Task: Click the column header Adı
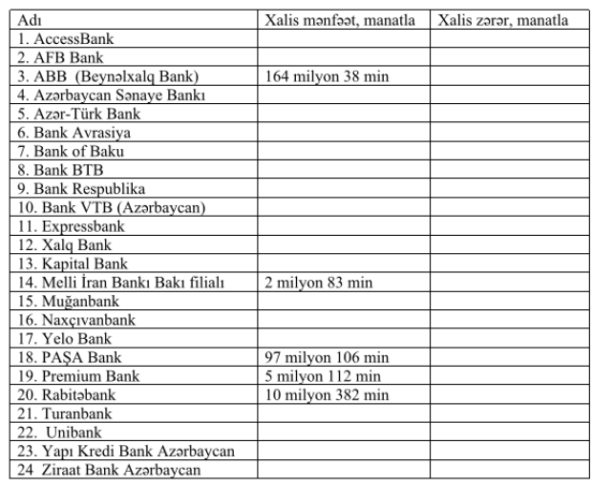tap(31, 20)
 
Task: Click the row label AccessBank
tap(73, 39)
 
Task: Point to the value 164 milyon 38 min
tap(327, 76)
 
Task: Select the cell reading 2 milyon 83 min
tap(318, 282)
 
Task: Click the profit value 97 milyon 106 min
tap(326, 357)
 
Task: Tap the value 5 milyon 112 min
tap(322, 375)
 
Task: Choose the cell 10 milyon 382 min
tap(326, 394)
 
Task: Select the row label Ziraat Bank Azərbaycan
tap(113, 469)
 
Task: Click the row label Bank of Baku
tap(74, 151)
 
